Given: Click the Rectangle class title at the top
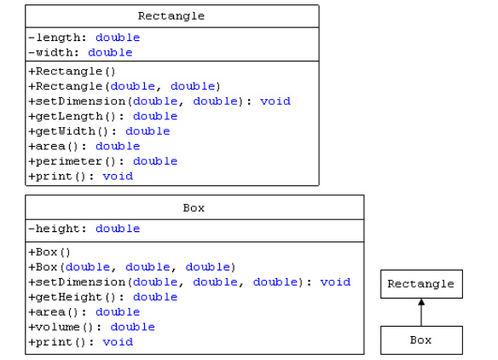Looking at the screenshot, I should (171, 16).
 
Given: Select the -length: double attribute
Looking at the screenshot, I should (84, 38).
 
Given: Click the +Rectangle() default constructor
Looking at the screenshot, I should (72, 72).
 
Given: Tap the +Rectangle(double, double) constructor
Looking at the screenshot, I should (124, 86).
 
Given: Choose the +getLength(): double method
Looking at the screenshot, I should (102, 116).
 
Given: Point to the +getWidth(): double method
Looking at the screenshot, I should (99, 131).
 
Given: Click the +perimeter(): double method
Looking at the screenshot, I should (102, 161).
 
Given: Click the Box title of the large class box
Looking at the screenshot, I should (194, 207).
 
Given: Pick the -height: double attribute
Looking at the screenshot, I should (84, 229).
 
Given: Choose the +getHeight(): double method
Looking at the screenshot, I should (102, 297).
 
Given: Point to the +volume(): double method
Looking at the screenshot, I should (91, 327).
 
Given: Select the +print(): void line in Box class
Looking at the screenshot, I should (80, 342).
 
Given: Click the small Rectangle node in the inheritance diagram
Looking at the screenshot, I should (421, 284).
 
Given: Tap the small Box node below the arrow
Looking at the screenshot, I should (421, 340).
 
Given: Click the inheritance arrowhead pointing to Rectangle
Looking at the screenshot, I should (421, 303).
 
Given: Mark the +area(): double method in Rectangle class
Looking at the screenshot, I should (84, 147).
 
